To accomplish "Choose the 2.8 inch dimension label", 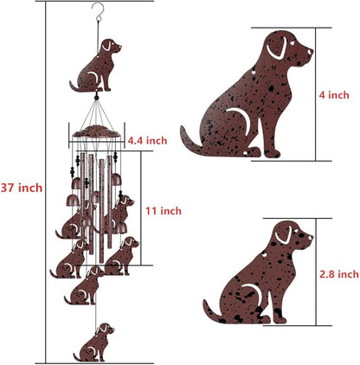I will click(x=338, y=274).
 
